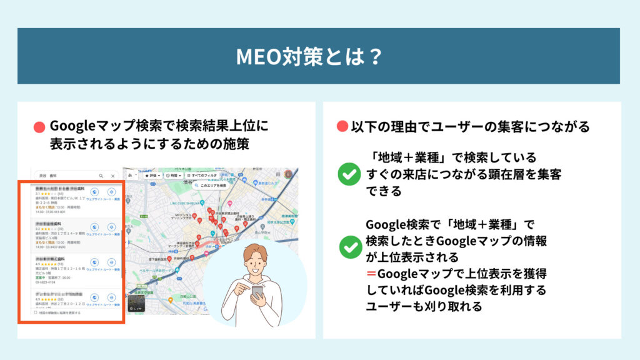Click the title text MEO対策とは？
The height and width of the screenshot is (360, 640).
point(309,56)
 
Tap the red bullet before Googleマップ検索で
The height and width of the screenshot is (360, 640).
point(39,127)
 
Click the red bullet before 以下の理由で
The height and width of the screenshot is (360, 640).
point(342,127)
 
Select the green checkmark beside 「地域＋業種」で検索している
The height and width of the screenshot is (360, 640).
point(349,174)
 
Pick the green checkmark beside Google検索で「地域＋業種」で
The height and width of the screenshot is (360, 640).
point(349,246)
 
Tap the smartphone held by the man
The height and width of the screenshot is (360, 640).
point(257,291)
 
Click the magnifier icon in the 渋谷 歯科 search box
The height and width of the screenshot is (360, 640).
point(101,176)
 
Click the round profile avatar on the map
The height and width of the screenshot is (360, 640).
point(288,175)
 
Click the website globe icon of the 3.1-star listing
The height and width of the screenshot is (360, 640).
point(94,192)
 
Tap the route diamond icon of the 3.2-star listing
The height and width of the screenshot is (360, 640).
point(112,227)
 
